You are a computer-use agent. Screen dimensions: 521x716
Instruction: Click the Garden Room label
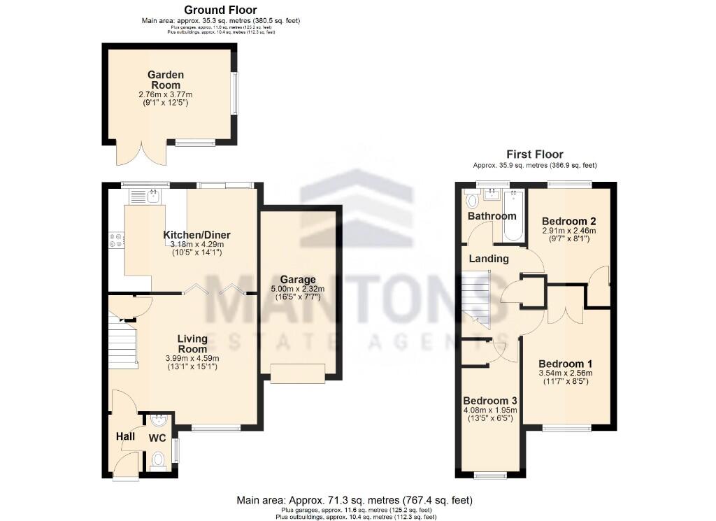tap(166, 80)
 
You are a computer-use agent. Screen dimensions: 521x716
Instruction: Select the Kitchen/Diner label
tap(196, 234)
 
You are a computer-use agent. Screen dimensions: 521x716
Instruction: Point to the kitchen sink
tap(154, 196)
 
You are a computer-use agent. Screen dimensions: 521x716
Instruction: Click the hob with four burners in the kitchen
tap(116, 240)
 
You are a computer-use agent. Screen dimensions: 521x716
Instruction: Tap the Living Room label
tap(192, 343)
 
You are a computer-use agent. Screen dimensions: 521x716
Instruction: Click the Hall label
tap(125, 436)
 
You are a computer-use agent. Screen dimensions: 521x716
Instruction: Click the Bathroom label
tap(492, 216)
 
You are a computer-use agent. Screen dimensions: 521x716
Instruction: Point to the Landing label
tap(489, 259)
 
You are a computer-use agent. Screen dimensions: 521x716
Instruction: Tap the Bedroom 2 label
tap(569, 222)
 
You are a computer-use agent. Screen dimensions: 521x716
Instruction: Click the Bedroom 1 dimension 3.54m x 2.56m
tap(565, 373)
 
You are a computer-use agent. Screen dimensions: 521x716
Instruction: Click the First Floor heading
tap(535, 155)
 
